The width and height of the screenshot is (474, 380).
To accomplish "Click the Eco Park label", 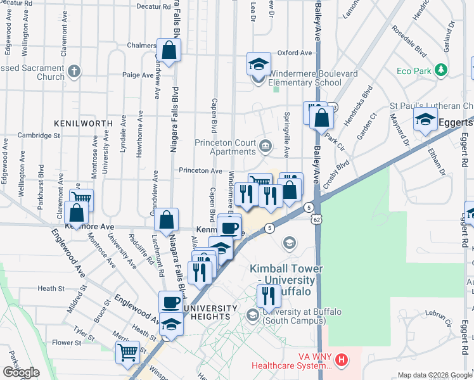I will pyautogui.click(x=414, y=70).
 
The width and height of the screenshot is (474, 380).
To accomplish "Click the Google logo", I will pyautogui.click(x=21, y=372).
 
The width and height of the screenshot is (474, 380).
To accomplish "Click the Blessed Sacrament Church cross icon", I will pyautogui.click(x=74, y=70).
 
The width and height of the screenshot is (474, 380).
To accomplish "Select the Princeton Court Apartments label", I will pyautogui.click(x=225, y=147).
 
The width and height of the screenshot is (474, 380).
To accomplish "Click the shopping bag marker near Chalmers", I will pyautogui.click(x=169, y=51).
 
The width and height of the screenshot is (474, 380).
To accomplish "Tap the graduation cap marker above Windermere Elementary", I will pyautogui.click(x=258, y=63).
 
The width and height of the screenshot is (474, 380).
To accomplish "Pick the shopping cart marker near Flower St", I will pyautogui.click(x=128, y=351).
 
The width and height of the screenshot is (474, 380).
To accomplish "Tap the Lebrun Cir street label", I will pyautogui.click(x=437, y=313).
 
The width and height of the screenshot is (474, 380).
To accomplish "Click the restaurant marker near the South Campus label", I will pyautogui.click(x=269, y=295).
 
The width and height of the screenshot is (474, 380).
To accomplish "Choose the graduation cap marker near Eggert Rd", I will pyautogui.click(x=425, y=118).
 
